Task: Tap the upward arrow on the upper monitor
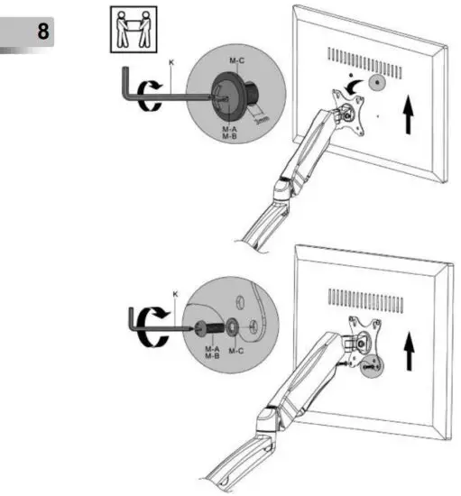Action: click(410, 117)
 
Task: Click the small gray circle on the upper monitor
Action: click(375, 82)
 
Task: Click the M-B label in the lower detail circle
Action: click(212, 357)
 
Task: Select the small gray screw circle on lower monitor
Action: click(372, 366)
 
